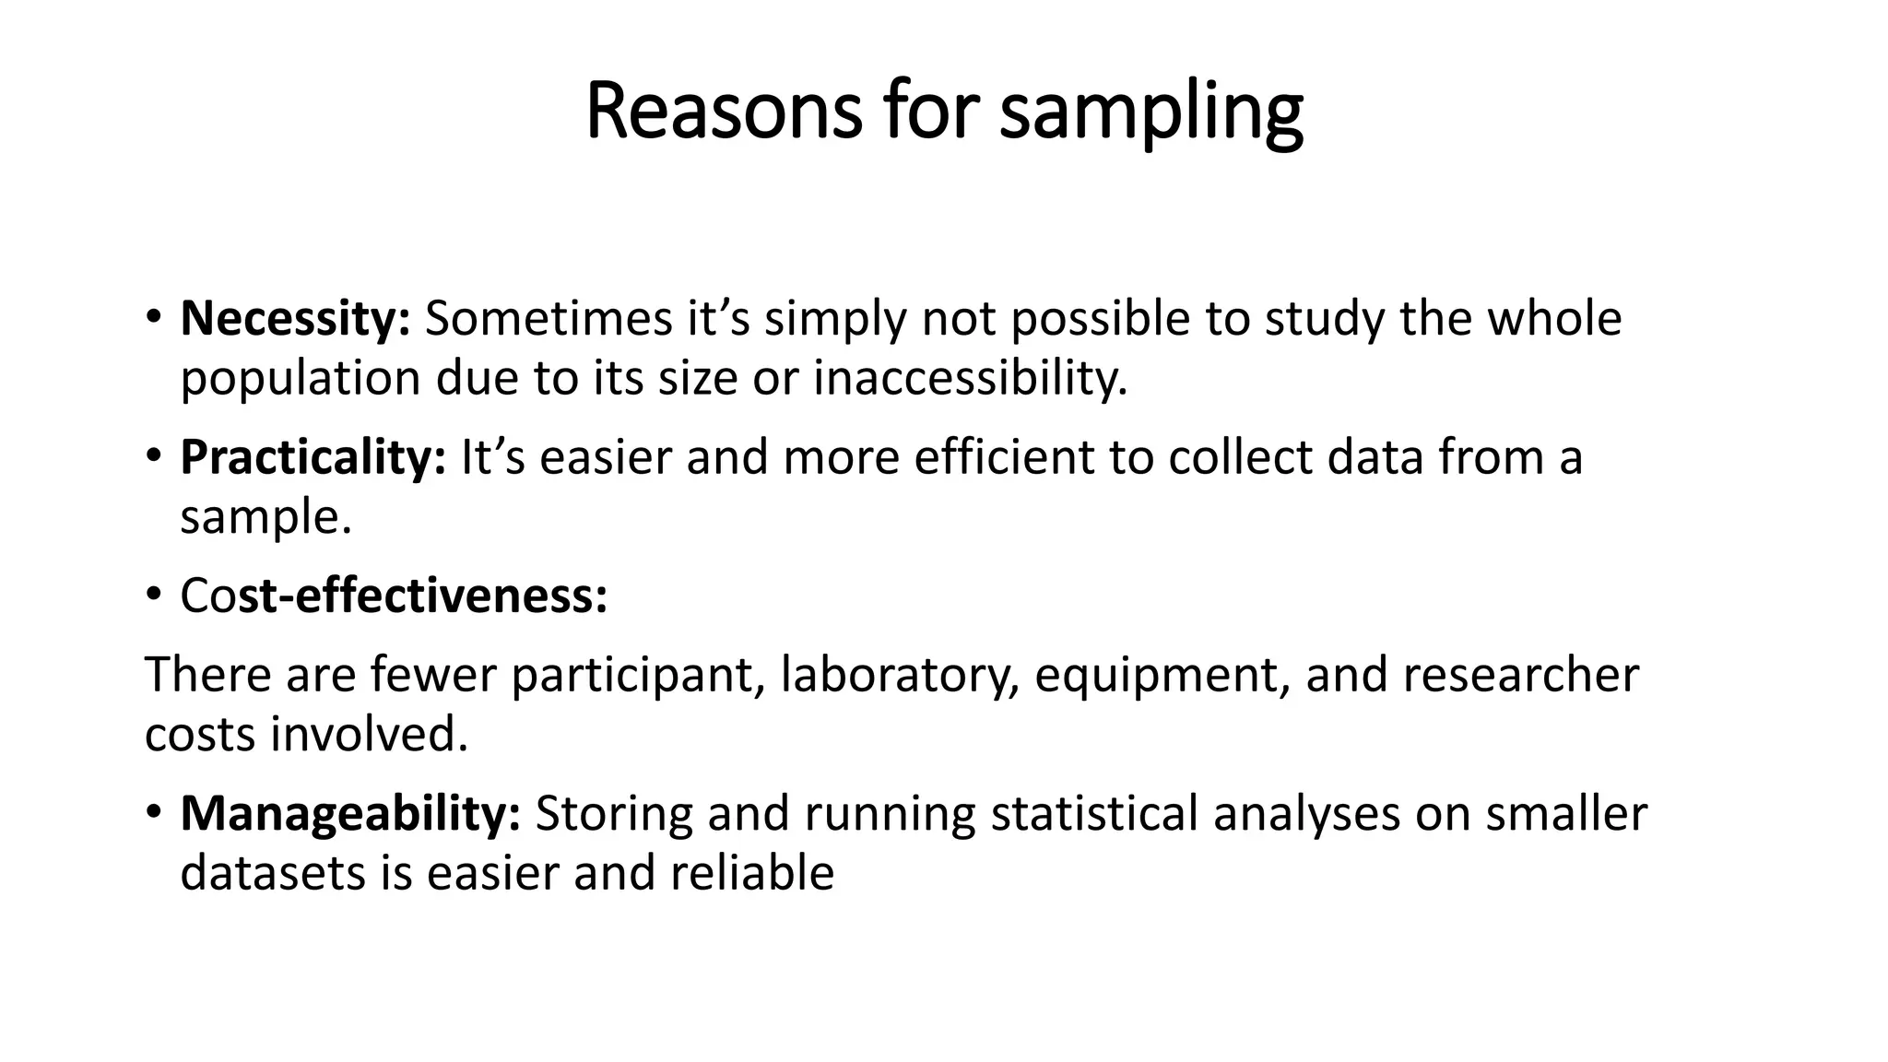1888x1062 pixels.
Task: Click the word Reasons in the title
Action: [724, 112]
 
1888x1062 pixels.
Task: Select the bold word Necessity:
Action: [295, 319]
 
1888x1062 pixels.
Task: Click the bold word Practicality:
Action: [313, 457]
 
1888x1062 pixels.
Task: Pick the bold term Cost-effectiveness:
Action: [394, 596]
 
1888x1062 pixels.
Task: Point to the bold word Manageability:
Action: [350, 813]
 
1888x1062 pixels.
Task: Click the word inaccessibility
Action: [970, 378]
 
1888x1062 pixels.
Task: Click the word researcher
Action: [1521, 676]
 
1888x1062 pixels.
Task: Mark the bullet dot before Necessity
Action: [153, 320]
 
